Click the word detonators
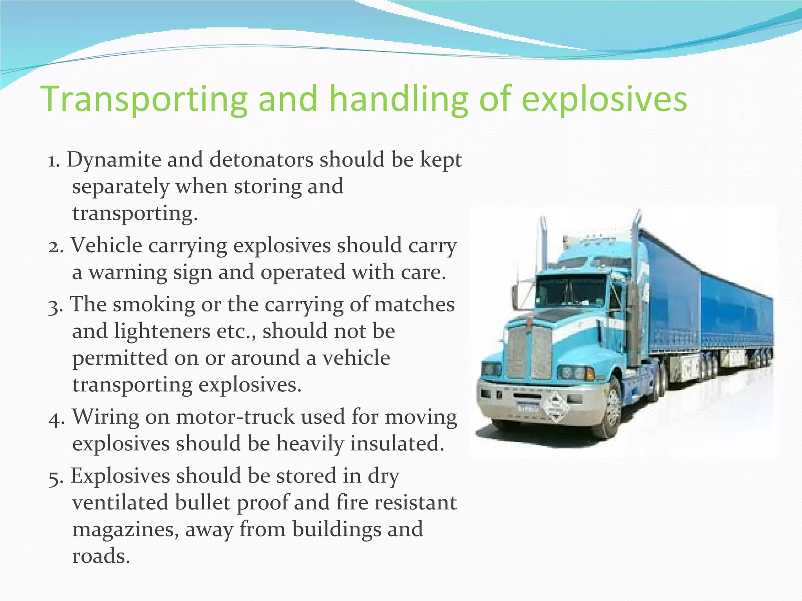(261, 160)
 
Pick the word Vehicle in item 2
(106, 246)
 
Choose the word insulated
(397, 444)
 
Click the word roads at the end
(101, 556)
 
